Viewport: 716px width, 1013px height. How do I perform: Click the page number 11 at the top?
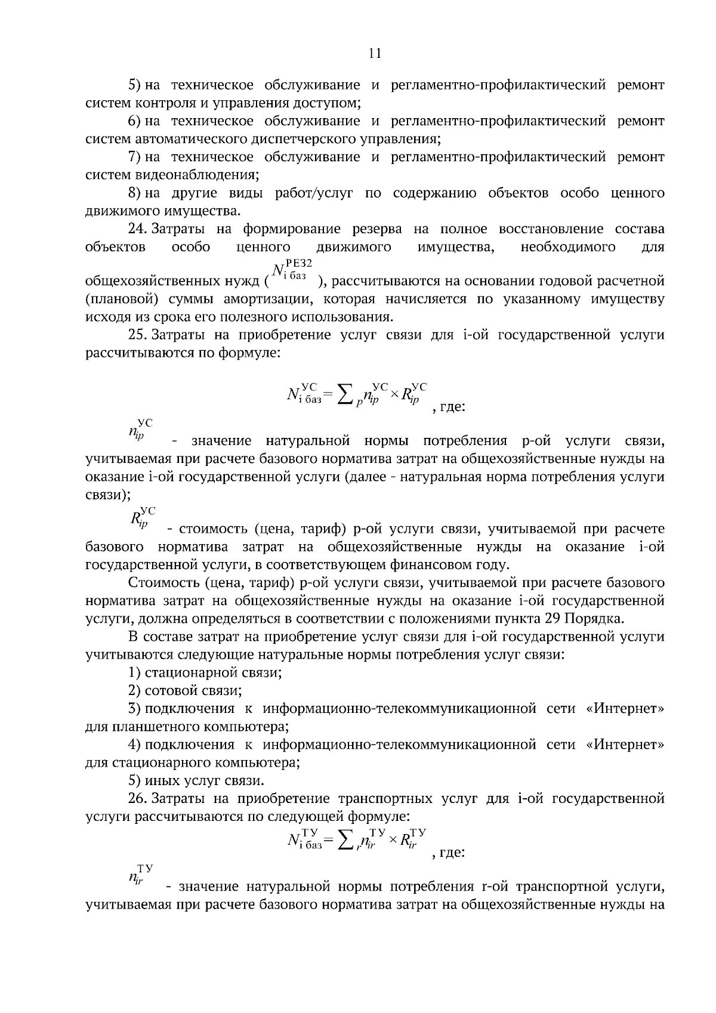pos(375,54)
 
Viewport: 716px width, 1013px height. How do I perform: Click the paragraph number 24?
pos(137,229)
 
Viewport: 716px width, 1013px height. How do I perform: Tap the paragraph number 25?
pos(137,335)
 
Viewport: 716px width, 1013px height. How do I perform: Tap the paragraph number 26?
pos(137,798)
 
